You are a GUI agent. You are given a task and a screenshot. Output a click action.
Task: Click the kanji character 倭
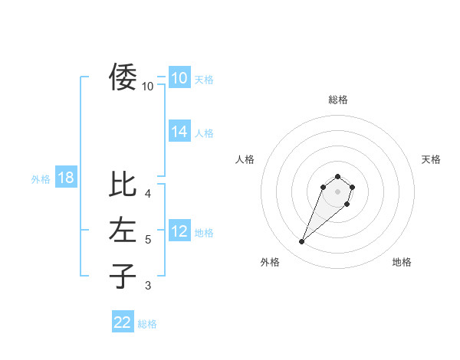point(123,77)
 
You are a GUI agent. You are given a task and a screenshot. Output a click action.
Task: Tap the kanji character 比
point(123,185)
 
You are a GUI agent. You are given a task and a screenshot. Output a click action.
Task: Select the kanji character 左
point(123,230)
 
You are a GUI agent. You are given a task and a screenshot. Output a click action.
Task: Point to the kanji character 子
point(123,276)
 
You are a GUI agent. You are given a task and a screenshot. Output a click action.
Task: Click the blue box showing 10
point(179,77)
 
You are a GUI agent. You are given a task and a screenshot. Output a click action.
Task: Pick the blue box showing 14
point(179,132)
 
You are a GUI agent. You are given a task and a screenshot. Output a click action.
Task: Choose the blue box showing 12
point(179,231)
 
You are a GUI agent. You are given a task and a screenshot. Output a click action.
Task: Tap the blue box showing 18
point(66,178)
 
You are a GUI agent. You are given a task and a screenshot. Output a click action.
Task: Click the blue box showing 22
point(123,322)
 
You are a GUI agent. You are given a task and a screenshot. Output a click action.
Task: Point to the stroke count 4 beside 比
point(148,194)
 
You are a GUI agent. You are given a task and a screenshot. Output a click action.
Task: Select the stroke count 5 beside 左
point(148,240)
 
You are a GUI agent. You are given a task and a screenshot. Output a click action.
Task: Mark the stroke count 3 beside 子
point(148,286)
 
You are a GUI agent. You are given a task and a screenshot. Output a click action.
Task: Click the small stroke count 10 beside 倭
point(148,87)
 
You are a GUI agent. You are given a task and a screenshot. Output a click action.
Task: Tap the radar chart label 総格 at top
point(338,100)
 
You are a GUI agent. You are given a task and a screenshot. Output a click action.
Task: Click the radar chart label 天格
point(431,159)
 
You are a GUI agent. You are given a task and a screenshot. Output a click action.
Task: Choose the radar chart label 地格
point(402,262)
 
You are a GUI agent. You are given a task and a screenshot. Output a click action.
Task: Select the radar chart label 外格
point(270,262)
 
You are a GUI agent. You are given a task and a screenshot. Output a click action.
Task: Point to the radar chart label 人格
point(245,159)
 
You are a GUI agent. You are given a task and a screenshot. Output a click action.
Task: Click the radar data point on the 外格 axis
point(302,242)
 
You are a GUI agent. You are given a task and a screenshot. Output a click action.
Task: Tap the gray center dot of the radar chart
point(338,191)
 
